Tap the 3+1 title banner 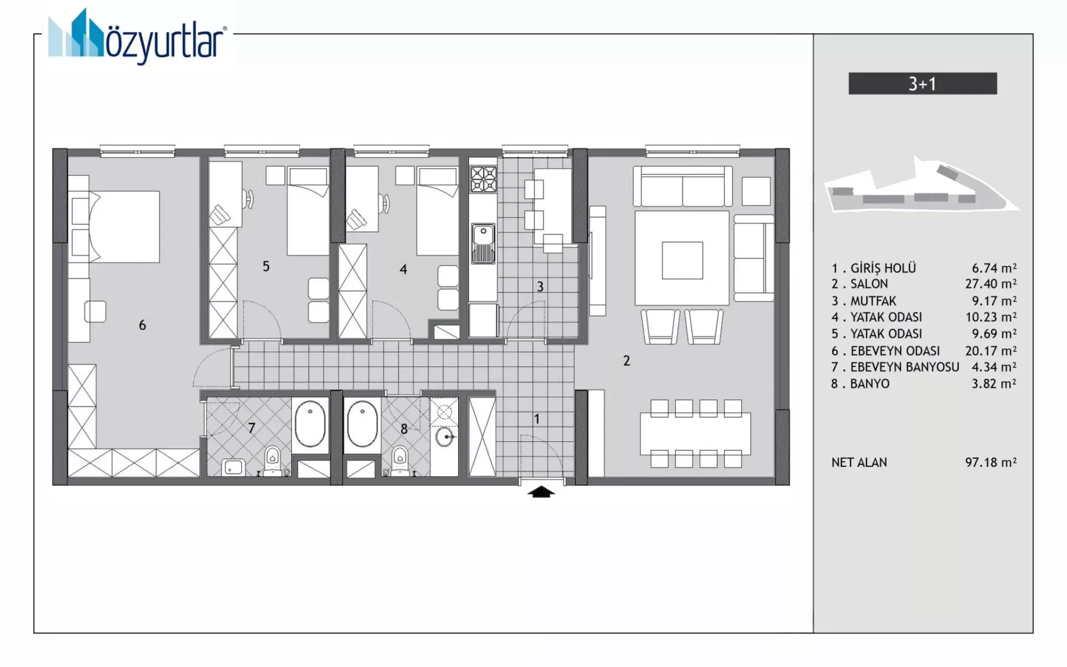coord(923,83)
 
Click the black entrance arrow coord(541,492)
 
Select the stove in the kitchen coord(483,180)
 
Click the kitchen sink coord(483,243)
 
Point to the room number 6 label coord(142,325)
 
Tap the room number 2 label coord(626,361)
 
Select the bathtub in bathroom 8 coord(362,425)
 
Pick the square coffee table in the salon coord(682,260)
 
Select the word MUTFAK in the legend coord(873,301)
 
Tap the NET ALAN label coord(859,462)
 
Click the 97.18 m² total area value coord(991,462)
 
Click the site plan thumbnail coord(922,185)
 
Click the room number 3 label coord(540,287)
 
